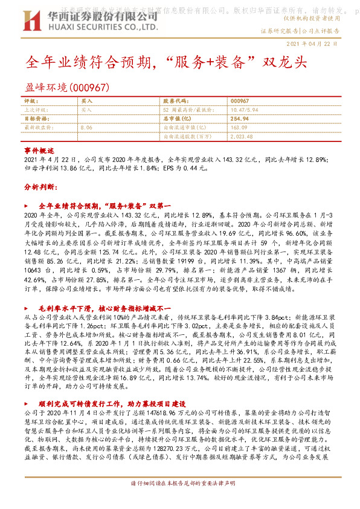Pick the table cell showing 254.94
240,119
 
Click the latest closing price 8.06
86,128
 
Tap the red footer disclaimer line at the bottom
180,501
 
